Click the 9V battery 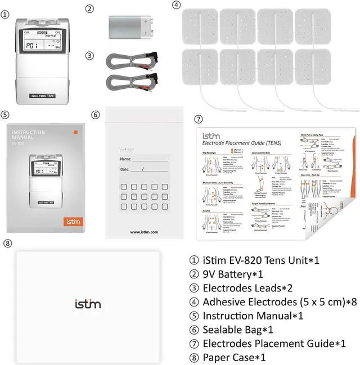[130, 26]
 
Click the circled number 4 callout [176, 5]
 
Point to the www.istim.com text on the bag [144, 231]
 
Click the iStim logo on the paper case [88, 304]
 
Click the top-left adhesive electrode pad [199, 25]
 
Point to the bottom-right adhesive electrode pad [312, 67]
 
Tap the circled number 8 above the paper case [7, 244]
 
